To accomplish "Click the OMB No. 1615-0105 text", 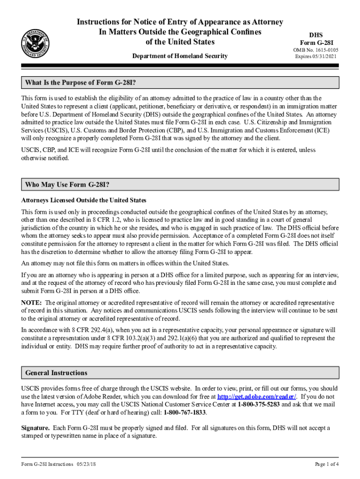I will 316,50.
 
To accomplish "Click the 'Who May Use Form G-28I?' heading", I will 67,185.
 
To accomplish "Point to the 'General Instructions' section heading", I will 56,373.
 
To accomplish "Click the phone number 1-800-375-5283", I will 258,405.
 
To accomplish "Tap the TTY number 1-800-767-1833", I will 185,413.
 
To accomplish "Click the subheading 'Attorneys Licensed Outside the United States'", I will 84,200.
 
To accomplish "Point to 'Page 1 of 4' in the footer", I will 327,464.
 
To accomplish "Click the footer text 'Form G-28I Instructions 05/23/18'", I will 59,464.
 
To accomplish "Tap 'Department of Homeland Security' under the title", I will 180,56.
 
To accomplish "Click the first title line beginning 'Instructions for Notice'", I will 180,22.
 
